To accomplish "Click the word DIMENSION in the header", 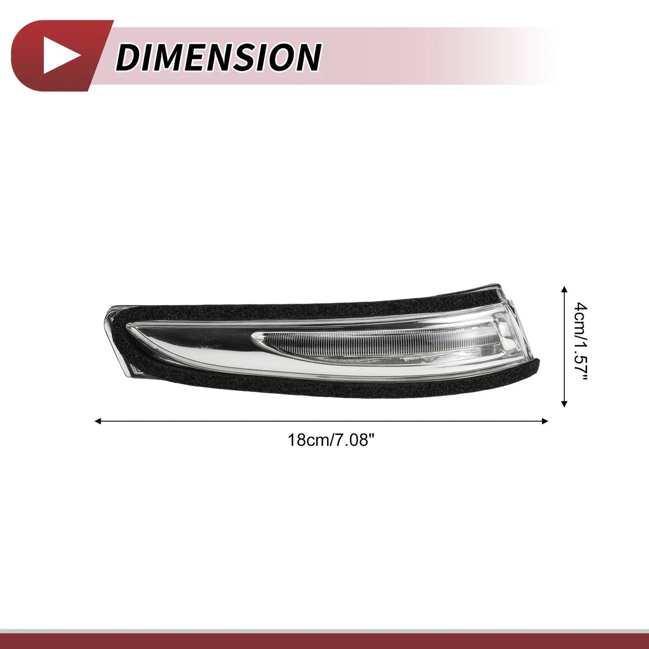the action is pos(219,57).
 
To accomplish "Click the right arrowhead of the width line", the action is pos(545,421).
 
